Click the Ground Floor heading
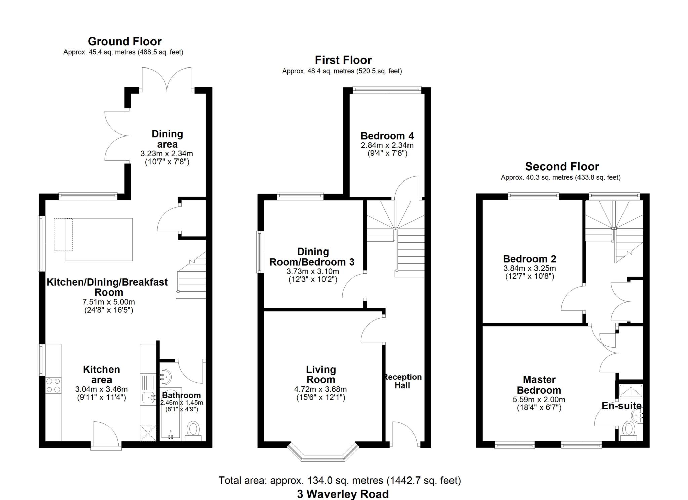point(125,41)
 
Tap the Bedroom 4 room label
point(387,136)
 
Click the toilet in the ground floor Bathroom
point(193,430)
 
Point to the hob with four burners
point(53,385)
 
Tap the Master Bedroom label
point(539,385)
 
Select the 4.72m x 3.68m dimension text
point(320,389)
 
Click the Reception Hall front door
point(404,433)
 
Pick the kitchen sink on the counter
point(148,397)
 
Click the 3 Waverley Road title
point(343,494)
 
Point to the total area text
point(340,481)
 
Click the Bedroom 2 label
point(529,259)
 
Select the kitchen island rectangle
point(99,239)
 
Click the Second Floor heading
point(562,167)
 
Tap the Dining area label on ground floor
point(167,139)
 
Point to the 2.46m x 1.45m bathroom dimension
point(181,403)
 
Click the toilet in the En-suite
point(629,430)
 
